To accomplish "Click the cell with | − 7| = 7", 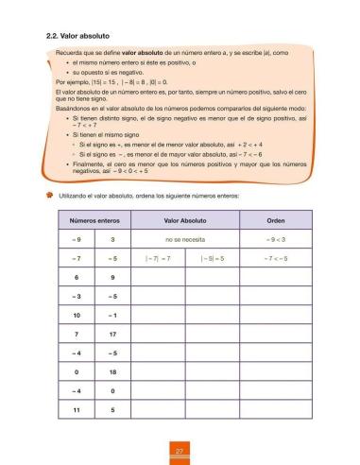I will [158, 259].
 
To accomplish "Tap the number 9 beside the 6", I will [112, 277].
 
